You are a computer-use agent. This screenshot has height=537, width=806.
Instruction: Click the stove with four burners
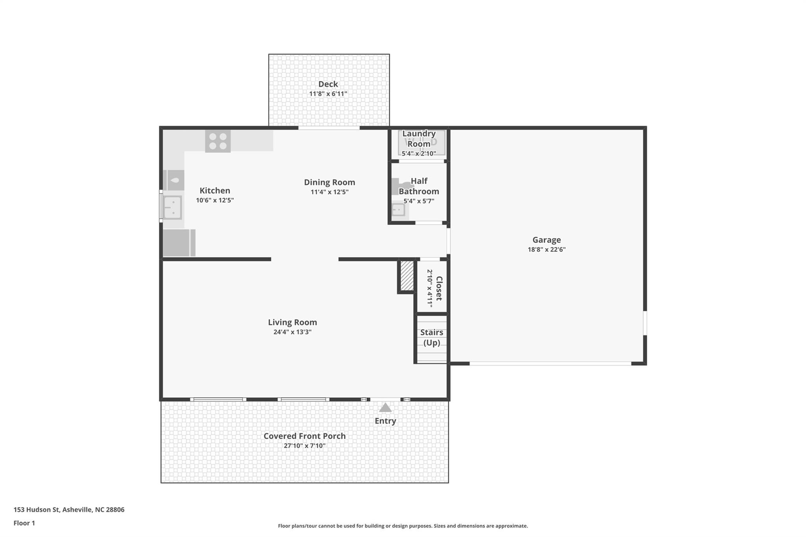click(218, 141)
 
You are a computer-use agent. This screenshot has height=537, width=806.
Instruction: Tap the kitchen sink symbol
click(173, 207)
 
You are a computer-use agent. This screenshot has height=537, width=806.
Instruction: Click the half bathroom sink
click(398, 210)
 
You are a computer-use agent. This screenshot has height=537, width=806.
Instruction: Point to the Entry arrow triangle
click(385, 408)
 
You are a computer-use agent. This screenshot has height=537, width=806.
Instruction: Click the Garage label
click(546, 240)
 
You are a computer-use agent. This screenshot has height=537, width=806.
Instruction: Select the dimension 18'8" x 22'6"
click(546, 249)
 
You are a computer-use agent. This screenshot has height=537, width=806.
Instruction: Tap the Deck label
click(328, 84)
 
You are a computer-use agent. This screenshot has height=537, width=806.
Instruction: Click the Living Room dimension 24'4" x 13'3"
click(292, 332)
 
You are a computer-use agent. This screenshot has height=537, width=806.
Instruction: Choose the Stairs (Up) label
click(432, 337)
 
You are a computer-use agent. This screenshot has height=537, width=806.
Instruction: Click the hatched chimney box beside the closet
click(407, 276)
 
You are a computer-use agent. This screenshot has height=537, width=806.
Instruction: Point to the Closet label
click(439, 288)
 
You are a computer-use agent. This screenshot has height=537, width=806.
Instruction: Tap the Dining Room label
click(329, 182)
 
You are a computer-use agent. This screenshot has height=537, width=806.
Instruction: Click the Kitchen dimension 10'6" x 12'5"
click(215, 200)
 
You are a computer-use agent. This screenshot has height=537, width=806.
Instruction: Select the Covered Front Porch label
click(304, 436)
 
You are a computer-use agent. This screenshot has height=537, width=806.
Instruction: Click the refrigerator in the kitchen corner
click(179, 243)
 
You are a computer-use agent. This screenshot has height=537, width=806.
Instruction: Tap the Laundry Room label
click(419, 138)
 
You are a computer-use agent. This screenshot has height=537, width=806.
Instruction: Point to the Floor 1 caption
click(24, 523)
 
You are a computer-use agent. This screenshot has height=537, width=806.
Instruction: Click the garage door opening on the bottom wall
click(550, 364)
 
